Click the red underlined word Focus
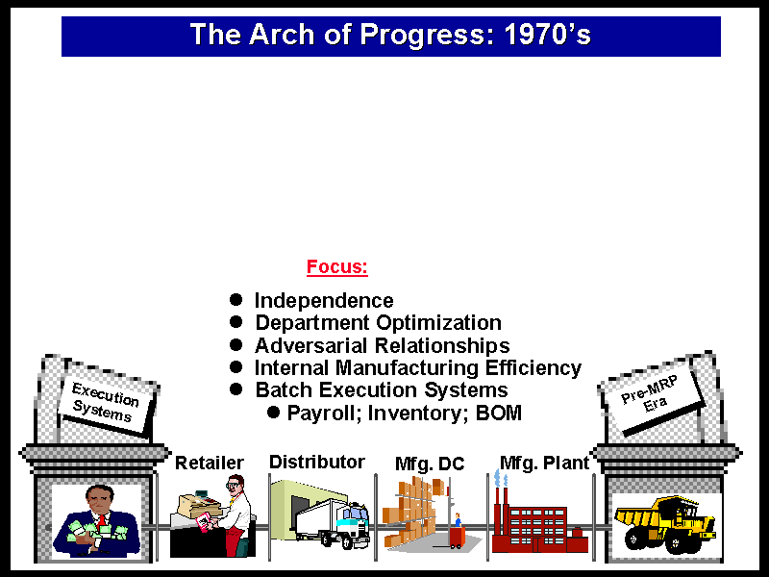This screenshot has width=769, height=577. click(x=337, y=267)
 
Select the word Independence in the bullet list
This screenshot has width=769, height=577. click(x=324, y=301)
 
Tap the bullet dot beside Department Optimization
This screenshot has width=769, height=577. click(x=236, y=322)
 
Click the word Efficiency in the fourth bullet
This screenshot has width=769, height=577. click(x=533, y=368)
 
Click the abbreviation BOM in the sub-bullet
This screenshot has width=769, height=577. click(x=499, y=413)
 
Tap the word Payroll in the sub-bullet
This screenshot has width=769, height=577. click(x=323, y=414)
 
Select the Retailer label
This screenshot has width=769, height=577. click(x=210, y=463)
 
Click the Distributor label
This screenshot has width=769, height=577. click(x=317, y=462)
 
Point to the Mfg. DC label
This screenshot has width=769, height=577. click(x=430, y=464)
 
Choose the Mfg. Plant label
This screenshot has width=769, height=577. click(x=544, y=463)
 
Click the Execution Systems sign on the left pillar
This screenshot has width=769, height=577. click(x=106, y=402)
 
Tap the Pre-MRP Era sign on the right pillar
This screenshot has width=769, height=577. click(x=651, y=395)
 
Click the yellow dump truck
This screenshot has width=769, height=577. click(x=664, y=523)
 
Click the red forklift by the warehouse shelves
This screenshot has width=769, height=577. click(x=458, y=537)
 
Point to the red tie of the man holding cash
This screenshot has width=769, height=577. click(x=102, y=520)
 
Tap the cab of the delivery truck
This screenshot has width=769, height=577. click(x=352, y=521)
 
